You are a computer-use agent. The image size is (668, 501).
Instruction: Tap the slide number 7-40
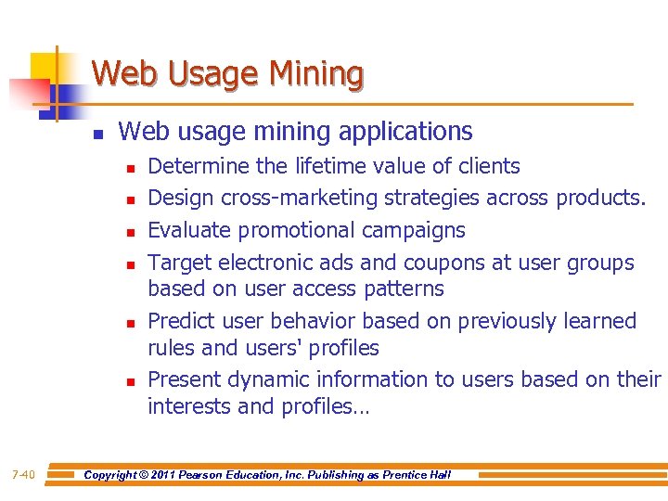(23, 475)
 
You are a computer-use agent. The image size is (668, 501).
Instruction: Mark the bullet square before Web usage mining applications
(97, 135)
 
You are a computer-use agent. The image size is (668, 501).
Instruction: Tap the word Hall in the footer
(440, 475)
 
